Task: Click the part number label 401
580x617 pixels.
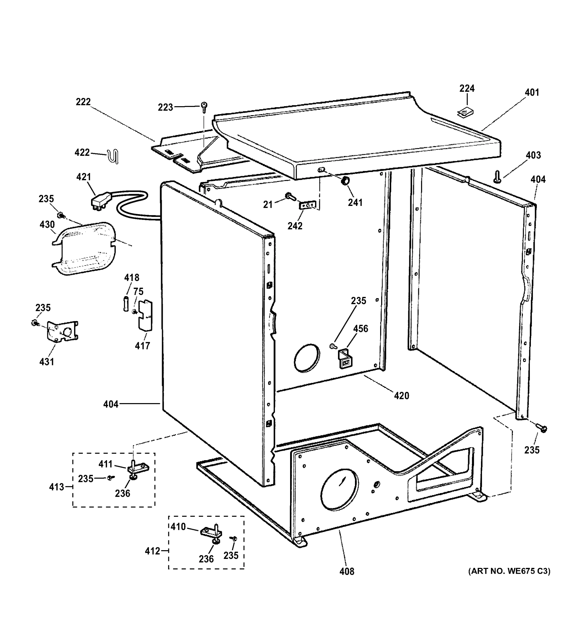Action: pos(532,93)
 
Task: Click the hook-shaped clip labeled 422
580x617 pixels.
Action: pos(114,156)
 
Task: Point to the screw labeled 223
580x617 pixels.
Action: pos(204,107)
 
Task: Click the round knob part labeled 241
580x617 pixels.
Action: pos(345,181)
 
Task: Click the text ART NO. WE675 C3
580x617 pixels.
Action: pos(509,571)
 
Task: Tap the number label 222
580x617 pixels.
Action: pos(83,102)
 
